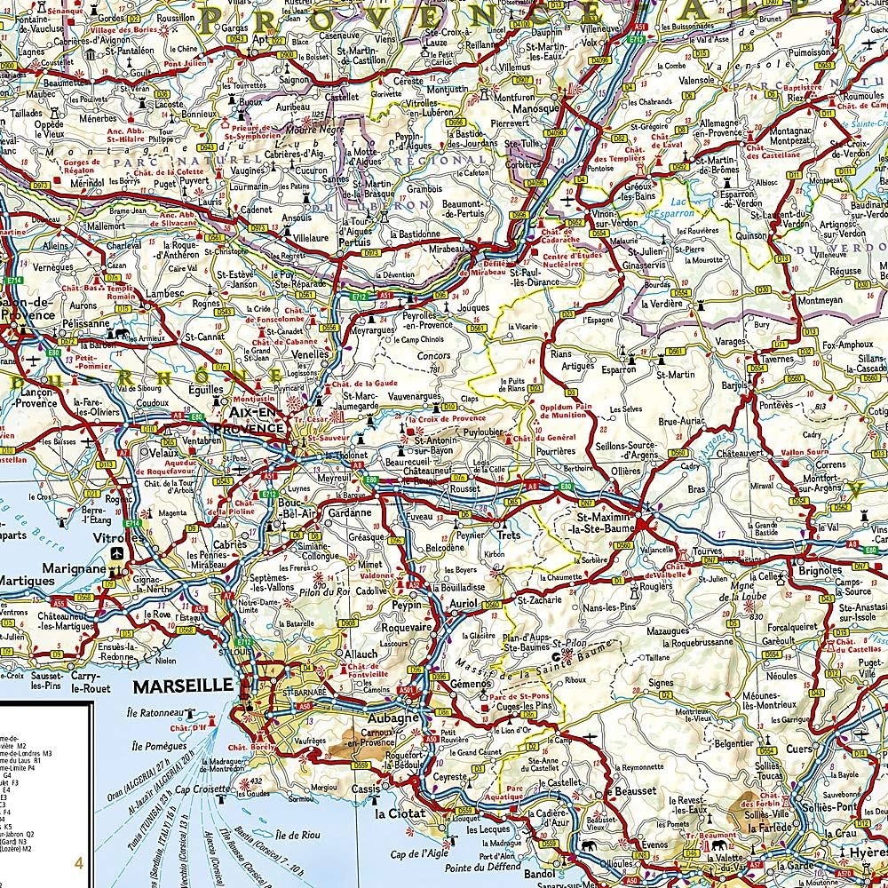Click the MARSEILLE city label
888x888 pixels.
pos(183,686)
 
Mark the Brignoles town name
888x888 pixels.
pos(819,571)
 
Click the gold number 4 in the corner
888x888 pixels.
pos(78,862)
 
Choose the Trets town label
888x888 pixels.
pos(508,535)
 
